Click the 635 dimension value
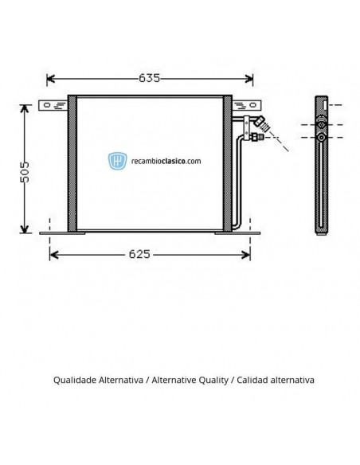149,78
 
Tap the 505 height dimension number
25,172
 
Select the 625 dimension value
139,254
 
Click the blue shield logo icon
117,161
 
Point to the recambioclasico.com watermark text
166,161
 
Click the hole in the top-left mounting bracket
47,105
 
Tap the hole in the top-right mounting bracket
252,105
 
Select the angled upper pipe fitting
262,123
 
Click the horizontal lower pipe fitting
256,137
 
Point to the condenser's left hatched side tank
72,163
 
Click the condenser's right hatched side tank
228,163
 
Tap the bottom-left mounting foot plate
62,233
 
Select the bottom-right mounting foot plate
237,233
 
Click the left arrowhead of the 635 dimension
51,79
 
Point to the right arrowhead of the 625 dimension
246,255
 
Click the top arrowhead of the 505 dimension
25,109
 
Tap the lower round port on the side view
321,137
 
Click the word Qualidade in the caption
76,380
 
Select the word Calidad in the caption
253,380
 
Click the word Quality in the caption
213,380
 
